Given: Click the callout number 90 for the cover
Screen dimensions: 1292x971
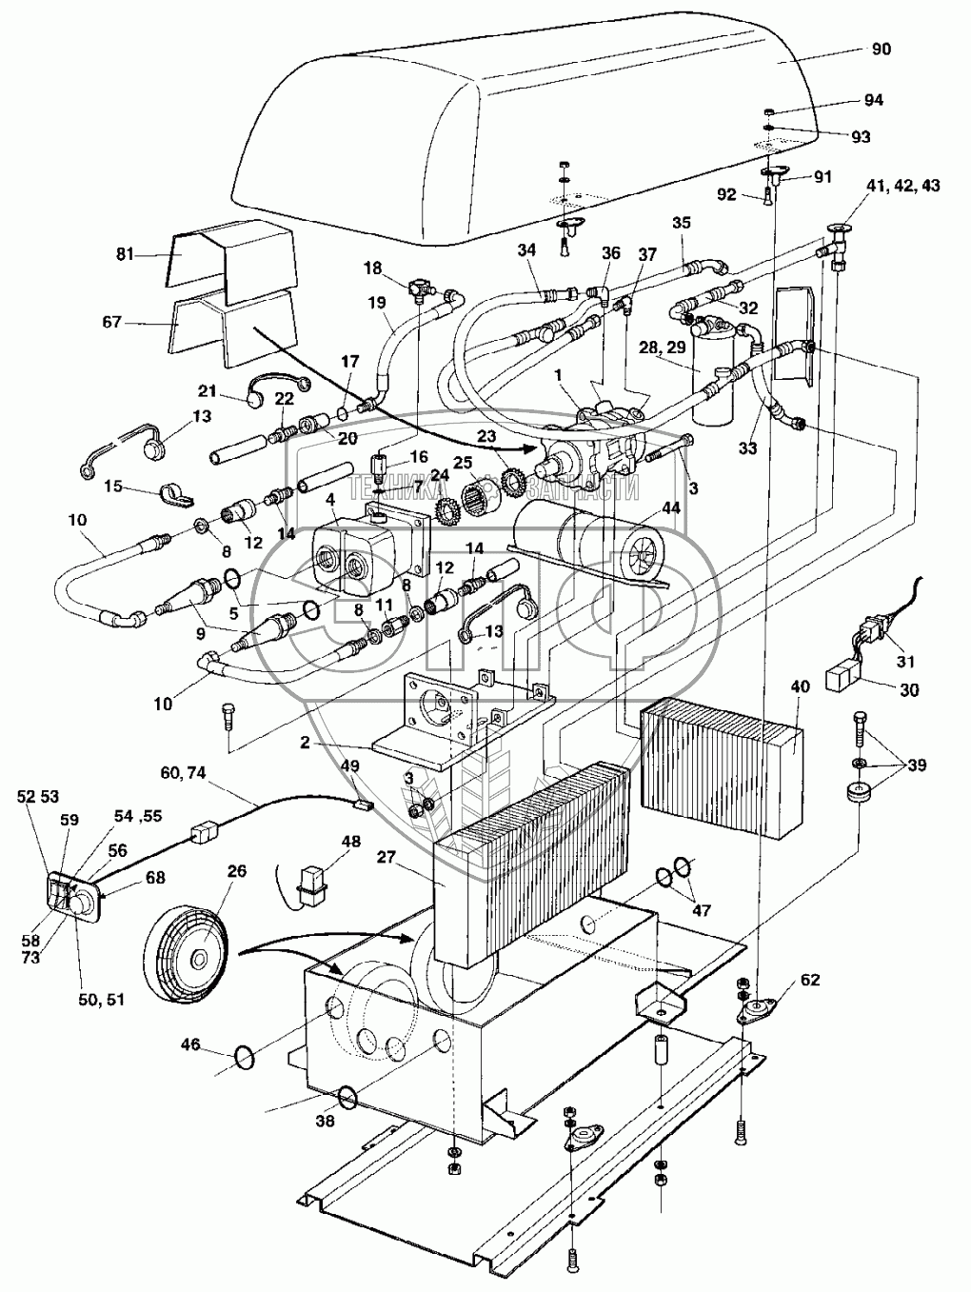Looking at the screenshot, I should [881, 49].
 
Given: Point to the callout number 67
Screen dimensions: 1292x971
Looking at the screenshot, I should [111, 323].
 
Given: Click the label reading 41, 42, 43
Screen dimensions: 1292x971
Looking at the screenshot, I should [904, 183].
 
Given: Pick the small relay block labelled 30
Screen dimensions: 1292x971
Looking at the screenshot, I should [842, 677].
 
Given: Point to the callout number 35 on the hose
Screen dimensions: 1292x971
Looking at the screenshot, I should [682, 224].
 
